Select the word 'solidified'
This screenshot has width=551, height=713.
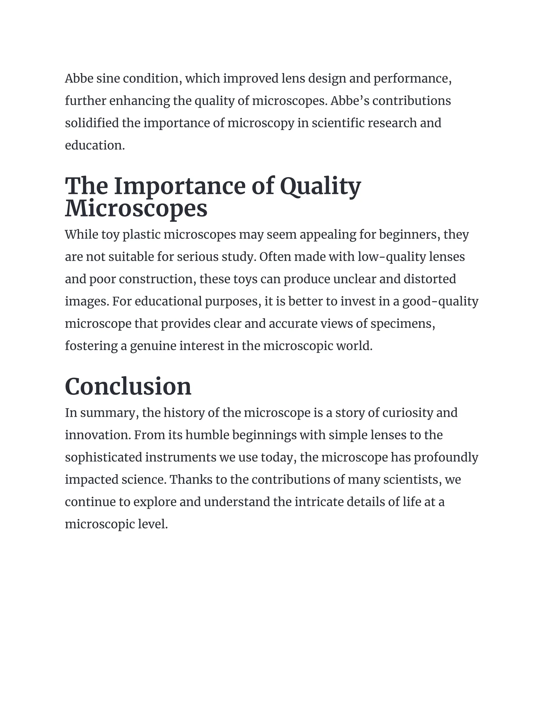tap(92, 123)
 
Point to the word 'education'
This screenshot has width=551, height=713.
tap(94, 145)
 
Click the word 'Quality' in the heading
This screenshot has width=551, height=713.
tap(320, 186)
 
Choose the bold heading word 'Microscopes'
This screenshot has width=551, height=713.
tap(136, 208)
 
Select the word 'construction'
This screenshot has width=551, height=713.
tap(156, 279)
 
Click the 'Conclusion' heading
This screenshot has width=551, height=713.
tap(128, 387)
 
